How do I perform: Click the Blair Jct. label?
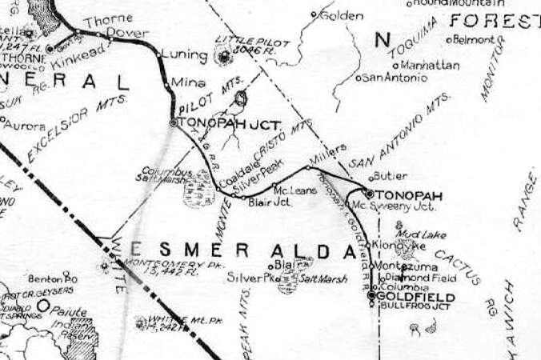coord(268,202)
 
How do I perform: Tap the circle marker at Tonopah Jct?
coord(173,122)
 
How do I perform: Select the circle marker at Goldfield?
coord(371,295)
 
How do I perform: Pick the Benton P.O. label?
coord(54,278)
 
